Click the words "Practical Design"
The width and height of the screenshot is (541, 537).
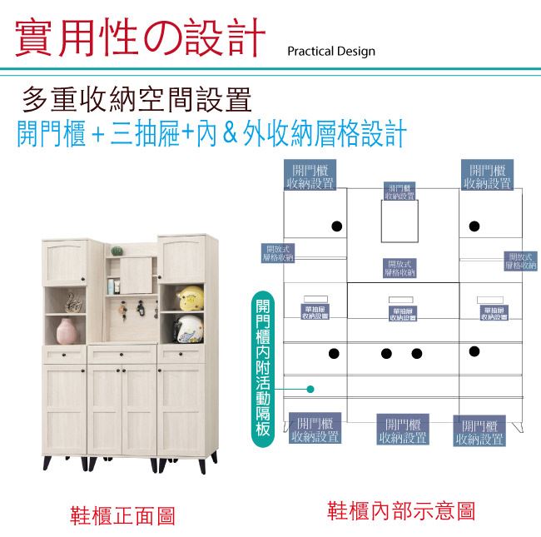(330, 52)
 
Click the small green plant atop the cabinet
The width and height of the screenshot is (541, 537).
(117, 248)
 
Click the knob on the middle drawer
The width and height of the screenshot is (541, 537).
(122, 356)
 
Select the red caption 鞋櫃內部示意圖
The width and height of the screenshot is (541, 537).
(401, 510)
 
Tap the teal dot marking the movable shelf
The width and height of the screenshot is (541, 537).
(310, 389)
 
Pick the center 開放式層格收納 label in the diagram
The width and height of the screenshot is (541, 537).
(400, 268)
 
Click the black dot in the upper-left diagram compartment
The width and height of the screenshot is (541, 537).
(336, 226)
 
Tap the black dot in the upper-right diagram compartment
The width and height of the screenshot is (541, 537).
(474, 226)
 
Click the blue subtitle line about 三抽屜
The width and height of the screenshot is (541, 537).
(212, 133)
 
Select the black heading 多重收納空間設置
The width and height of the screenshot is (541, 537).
(137, 101)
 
